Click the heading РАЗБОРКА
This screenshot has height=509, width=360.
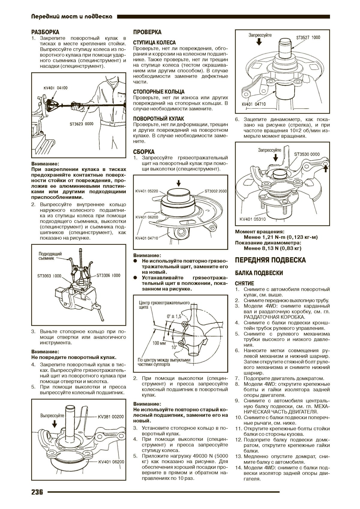(x=45, y=32)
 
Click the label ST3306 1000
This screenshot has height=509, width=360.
(x=108, y=275)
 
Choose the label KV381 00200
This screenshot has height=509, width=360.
(x=111, y=417)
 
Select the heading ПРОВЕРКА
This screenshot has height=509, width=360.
(x=147, y=32)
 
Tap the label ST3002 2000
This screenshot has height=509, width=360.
(x=216, y=191)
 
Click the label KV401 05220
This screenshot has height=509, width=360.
(x=147, y=191)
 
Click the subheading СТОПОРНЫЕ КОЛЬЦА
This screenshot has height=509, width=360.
(x=159, y=92)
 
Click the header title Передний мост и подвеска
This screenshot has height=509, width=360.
(x=72, y=17)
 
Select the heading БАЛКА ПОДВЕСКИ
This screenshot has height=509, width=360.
(x=259, y=273)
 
